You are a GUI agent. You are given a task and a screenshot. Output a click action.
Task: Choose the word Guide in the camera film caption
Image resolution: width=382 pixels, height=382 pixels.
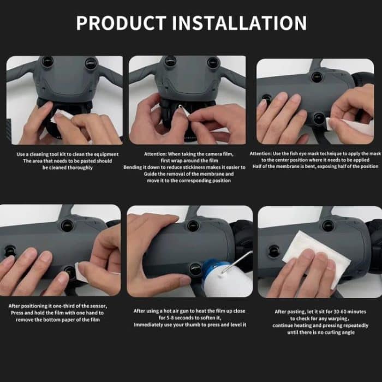[155, 174]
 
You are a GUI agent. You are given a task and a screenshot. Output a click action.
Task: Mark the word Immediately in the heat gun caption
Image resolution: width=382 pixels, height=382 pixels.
[151, 325]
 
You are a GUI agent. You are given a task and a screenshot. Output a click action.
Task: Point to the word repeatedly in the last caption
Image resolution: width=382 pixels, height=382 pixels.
[344, 325]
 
